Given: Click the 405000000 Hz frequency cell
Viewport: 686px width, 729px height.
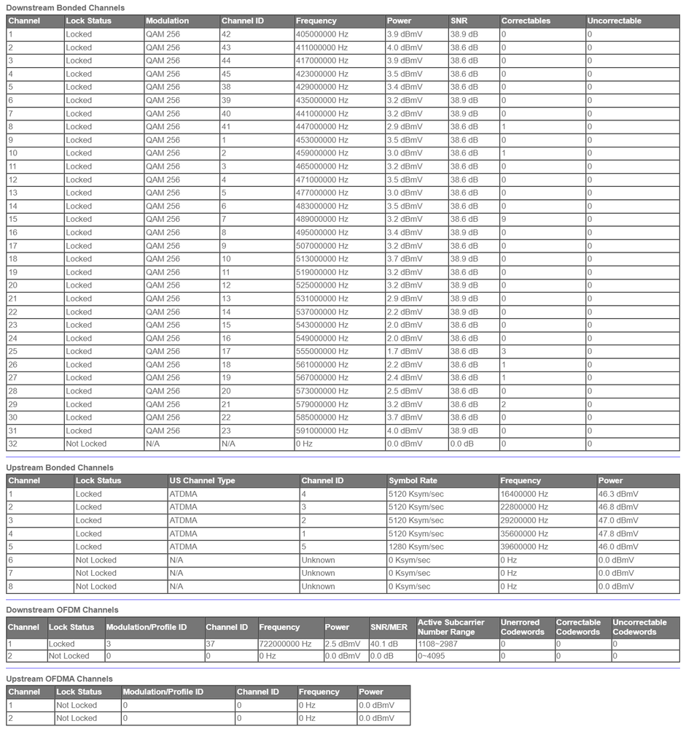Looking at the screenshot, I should coord(321,34).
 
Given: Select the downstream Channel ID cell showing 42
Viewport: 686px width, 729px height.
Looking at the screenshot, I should coord(227,34).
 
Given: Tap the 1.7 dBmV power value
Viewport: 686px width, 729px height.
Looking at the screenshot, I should coord(404,351).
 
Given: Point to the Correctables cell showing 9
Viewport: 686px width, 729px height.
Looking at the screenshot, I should coord(504,219).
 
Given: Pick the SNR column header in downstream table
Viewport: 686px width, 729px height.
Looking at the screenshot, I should coord(459,21).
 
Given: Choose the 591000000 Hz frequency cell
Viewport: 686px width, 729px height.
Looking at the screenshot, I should coord(321,431).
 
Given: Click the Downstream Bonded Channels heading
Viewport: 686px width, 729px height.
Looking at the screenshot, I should coord(65,7).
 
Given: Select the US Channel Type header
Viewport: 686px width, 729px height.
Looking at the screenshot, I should coord(202,481).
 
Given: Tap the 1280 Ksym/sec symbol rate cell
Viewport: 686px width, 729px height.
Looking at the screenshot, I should coord(416,547).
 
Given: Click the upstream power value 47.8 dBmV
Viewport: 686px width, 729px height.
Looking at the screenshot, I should coord(618,533).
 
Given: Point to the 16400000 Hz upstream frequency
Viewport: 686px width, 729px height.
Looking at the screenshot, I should coord(524,494).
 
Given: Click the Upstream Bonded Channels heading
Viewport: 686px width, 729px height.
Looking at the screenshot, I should coord(60,467).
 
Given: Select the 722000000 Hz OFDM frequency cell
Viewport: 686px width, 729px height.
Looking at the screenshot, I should coord(285,644).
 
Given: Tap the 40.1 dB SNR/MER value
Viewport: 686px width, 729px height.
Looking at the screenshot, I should coord(384,644).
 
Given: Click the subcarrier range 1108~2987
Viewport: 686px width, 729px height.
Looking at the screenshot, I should coord(437,644).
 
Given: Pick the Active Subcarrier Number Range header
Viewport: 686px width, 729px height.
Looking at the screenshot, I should coord(451,627).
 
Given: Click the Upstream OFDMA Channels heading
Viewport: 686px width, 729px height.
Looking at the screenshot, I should coord(59,679).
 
